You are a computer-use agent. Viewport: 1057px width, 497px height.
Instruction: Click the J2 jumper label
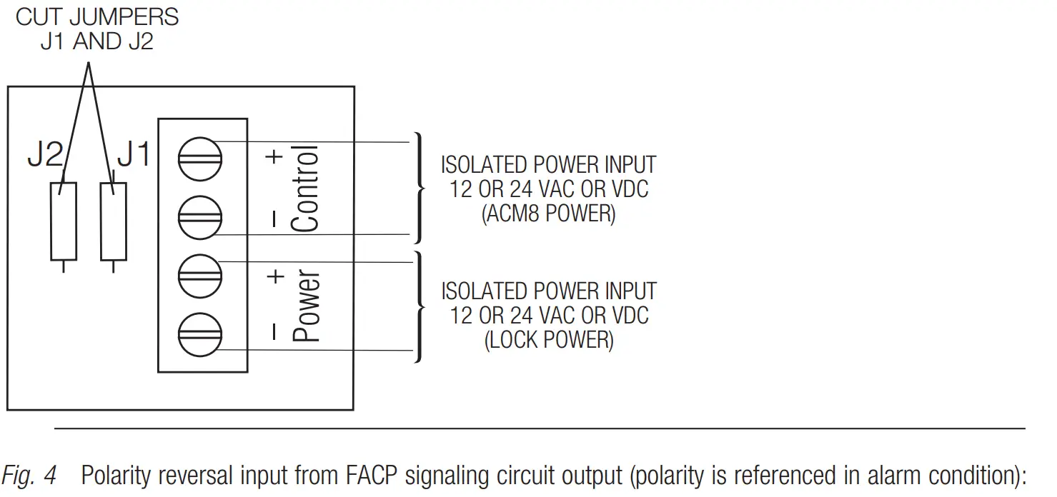pyautogui.click(x=45, y=155)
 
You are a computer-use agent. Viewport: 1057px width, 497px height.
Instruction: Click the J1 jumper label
pyautogui.click(x=134, y=155)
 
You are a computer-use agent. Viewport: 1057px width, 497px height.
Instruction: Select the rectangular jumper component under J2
pyautogui.click(x=63, y=221)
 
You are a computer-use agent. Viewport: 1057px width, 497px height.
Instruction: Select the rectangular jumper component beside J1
pyautogui.click(x=114, y=221)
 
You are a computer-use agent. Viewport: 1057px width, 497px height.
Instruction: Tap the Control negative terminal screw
pyautogui.click(x=199, y=219)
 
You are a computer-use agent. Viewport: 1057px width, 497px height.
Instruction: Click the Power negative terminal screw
pyautogui.click(x=199, y=333)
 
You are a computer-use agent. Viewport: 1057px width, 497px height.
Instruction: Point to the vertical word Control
pyautogui.click(x=305, y=189)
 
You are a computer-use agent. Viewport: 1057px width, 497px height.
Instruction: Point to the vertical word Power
pyautogui.click(x=307, y=305)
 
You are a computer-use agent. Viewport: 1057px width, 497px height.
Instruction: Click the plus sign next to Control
pyautogui.click(x=274, y=157)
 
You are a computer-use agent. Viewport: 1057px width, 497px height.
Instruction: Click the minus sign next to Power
pyautogui.click(x=274, y=332)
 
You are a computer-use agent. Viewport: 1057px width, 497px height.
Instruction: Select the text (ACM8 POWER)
pyautogui.click(x=548, y=214)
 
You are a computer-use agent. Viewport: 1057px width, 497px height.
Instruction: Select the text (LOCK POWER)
pyautogui.click(x=548, y=340)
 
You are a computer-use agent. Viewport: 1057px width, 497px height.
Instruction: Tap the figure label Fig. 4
pyautogui.click(x=29, y=476)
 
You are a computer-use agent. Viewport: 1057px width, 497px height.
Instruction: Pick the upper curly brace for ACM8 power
pyautogui.click(x=419, y=188)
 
